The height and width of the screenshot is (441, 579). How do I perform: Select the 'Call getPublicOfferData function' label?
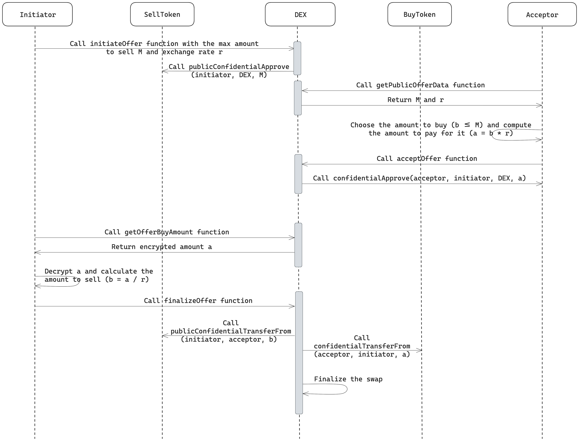[x=420, y=85]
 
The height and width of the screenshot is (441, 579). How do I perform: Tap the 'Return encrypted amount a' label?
[x=162, y=247]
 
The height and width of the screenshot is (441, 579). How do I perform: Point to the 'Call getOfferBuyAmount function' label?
[x=167, y=232]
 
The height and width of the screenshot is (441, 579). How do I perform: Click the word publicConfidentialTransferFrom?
[x=231, y=331]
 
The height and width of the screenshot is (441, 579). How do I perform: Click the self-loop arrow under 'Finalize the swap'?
[x=347, y=389]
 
